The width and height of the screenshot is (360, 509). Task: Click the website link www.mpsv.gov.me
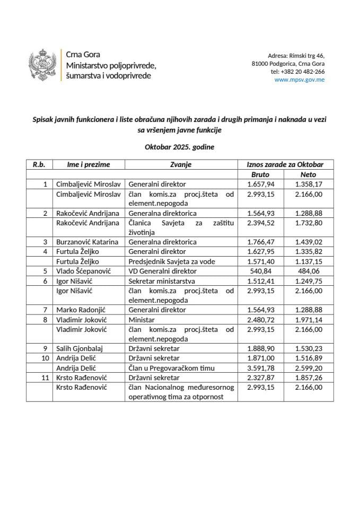point(300,80)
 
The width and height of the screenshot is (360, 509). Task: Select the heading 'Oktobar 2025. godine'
point(180,147)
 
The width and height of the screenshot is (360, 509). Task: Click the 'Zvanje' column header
point(180,164)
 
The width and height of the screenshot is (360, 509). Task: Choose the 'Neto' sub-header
point(308,174)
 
